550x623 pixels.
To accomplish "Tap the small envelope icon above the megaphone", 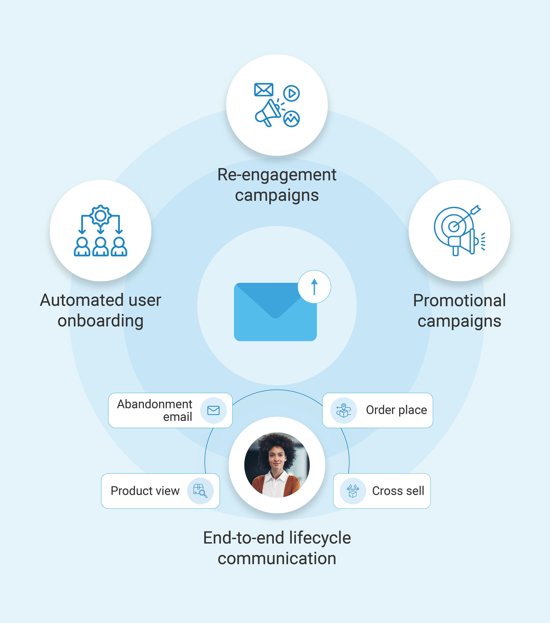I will pyautogui.click(x=264, y=90).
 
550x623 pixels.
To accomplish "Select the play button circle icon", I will pyautogui.click(x=291, y=93).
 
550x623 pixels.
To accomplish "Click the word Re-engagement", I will pyautogui.click(x=277, y=175).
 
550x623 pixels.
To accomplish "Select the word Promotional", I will pyautogui.click(x=459, y=300).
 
